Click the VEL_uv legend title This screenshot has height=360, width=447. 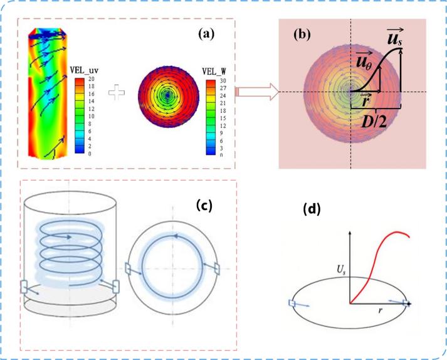tap(87, 71)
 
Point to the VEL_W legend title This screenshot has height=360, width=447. tap(216, 71)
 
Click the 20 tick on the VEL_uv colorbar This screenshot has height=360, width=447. tap(91, 80)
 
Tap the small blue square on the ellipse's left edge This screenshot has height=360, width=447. tap(292, 304)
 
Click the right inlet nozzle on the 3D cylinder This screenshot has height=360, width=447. tap(116, 287)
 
